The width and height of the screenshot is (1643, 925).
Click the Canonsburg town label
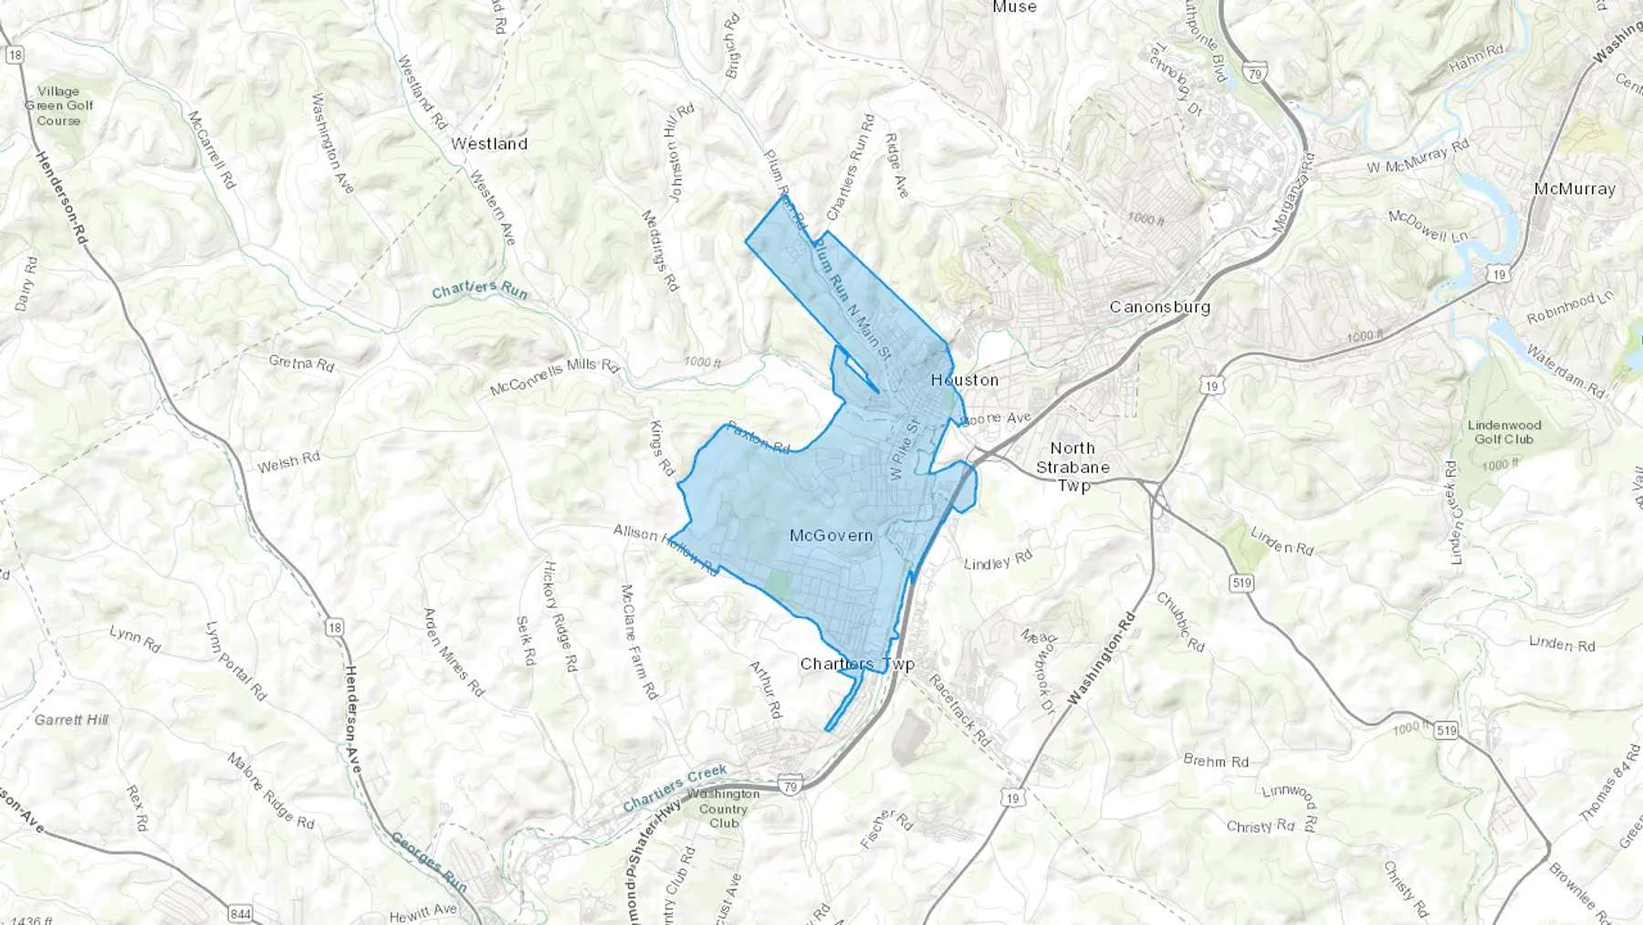[x=1159, y=307]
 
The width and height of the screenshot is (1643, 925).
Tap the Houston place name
[x=965, y=380]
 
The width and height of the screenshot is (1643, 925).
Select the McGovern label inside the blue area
[x=831, y=535]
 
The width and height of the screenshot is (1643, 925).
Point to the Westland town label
[x=489, y=144]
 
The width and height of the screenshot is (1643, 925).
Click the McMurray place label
[x=1575, y=189]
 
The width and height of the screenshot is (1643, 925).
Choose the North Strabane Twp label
[x=1073, y=467]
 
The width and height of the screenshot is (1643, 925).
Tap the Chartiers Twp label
[x=856, y=664]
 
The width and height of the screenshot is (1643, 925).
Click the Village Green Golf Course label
[x=58, y=106]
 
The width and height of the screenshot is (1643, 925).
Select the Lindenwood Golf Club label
[x=1504, y=432]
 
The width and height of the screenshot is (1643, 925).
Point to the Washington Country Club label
[x=724, y=808]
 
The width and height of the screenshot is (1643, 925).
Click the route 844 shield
[x=880, y=913]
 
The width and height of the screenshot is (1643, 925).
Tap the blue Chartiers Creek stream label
[x=675, y=788]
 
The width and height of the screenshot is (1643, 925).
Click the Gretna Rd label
[x=301, y=363]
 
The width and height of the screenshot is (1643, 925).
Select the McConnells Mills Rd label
[x=554, y=377]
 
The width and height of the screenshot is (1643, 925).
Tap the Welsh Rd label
[x=288, y=463]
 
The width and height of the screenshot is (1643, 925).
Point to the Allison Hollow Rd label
[x=665, y=548]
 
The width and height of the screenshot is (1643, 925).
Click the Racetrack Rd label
[x=958, y=709]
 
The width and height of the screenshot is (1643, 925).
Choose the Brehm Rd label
[x=1216, y=761]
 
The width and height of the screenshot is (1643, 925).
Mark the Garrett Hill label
[x=71, y=720]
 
